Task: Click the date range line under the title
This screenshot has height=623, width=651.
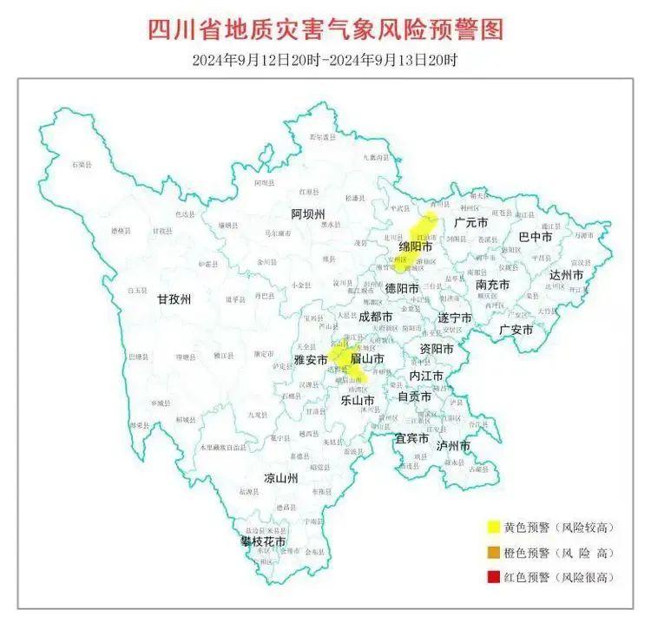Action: pos(325,61)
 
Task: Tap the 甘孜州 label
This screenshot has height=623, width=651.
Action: pos(173,299)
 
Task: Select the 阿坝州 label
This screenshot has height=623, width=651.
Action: pos(307,213)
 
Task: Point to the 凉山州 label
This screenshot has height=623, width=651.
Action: pos(282,478)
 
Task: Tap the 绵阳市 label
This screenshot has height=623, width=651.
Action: pos(416,247)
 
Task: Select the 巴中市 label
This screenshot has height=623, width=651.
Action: pos(536,236)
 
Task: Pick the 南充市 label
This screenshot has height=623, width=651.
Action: pos(493,285)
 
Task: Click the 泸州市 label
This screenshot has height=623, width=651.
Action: pos(453,445)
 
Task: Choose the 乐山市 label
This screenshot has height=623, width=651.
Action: pos(357,401)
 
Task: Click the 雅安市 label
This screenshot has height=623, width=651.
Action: pos(310,358)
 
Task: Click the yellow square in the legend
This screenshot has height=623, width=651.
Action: pos(493,527)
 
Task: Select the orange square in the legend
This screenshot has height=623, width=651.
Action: pos(493,552)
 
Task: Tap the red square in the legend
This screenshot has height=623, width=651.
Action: pos(493,577)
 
